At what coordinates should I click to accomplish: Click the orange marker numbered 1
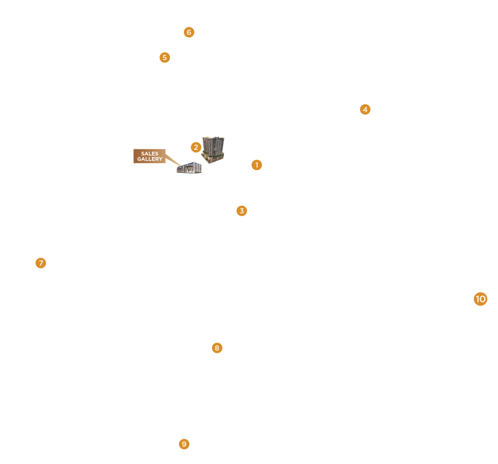[257, 165]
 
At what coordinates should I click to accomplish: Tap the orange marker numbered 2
[196, 147]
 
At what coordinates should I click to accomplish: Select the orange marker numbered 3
[242, 211]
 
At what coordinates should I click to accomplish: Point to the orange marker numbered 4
[365, 109]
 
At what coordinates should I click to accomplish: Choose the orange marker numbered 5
[165, 57]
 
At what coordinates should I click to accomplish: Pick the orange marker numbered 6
[189, 33]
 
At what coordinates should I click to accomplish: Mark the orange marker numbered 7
[41, 263]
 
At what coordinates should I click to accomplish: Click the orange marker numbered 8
[217, 348]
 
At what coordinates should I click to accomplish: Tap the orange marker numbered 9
[184, 444]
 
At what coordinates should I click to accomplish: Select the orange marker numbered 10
[481, 299]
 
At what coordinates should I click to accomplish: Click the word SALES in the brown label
[149, 153]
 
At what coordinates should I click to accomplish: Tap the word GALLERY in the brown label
[149, 159]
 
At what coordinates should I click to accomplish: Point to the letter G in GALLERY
[139, 159]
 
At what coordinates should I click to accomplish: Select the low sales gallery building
[189, 168]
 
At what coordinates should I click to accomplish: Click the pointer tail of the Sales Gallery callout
[172, 160]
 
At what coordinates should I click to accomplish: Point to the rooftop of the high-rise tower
[213, 138]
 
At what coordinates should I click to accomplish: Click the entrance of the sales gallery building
[187, 170]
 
